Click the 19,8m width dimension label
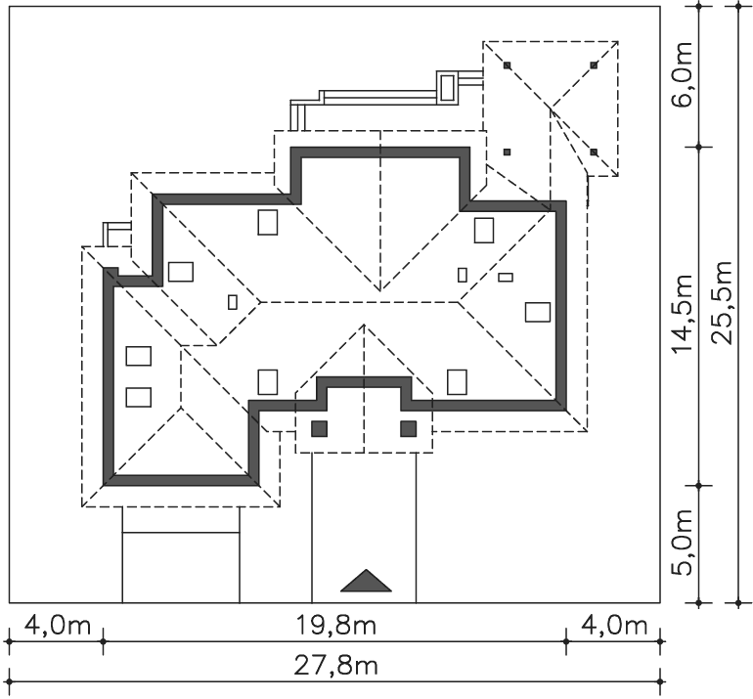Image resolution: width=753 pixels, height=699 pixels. coord(335,626)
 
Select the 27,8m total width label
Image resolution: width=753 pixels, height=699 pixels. coord(335,666)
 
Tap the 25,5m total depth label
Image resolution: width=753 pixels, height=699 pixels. coord(722,302)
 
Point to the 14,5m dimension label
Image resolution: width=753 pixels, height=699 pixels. coord(683,314)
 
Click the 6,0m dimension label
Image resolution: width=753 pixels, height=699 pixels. coord(683,75)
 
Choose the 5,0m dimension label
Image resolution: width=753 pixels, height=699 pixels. coord(683,542)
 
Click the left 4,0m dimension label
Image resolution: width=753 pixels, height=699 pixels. coord(57,626)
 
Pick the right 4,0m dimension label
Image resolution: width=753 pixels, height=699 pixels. coord(614,626)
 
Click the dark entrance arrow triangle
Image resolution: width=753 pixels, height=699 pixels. coord(366,581)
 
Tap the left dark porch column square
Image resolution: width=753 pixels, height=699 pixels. coord(320,429)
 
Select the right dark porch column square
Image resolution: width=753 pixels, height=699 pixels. coord(408,429)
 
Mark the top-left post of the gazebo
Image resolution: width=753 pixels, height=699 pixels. coord(508,65)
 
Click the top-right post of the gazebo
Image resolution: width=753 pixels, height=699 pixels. coord(594,65)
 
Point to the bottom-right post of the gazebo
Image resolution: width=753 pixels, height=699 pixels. coord(594,153)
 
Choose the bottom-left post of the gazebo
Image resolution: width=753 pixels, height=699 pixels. coord(508,153)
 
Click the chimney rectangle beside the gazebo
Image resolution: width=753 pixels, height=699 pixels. coord(447,87)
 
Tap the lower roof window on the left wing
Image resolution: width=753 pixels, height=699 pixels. coord(138,397)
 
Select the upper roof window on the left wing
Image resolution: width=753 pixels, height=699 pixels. coord(138,356)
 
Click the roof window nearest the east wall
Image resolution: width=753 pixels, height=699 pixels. coord(538,312)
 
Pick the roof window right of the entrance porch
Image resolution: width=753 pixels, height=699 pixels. coord(457,382)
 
